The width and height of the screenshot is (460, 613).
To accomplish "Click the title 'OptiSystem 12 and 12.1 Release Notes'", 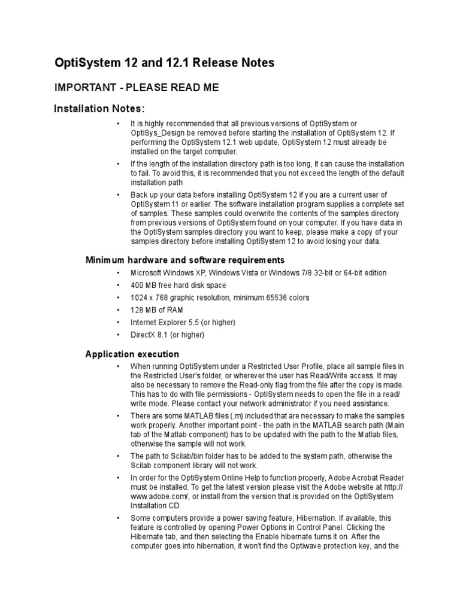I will pyautogui.click(x=165, y=63).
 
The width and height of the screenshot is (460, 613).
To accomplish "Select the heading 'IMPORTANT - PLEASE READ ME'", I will pyautogui.click(x=137, y=88).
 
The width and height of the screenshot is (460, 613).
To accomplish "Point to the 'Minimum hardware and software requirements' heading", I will pyautogui.click(x=185, y=260).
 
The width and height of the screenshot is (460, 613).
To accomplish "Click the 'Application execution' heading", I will pyautogui.click(x=132, y=354).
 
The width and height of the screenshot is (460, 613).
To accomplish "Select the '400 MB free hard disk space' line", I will pyautogui.click(x=178, y=285).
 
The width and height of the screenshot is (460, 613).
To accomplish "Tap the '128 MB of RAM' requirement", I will pyautogui.click(x=157, y=310).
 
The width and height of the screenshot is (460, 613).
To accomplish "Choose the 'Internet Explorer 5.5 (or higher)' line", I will pyautogui.click(x=183, y=323).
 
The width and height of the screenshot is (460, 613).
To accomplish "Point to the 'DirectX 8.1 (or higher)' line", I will pyautogui.click(x=168, y=335).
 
